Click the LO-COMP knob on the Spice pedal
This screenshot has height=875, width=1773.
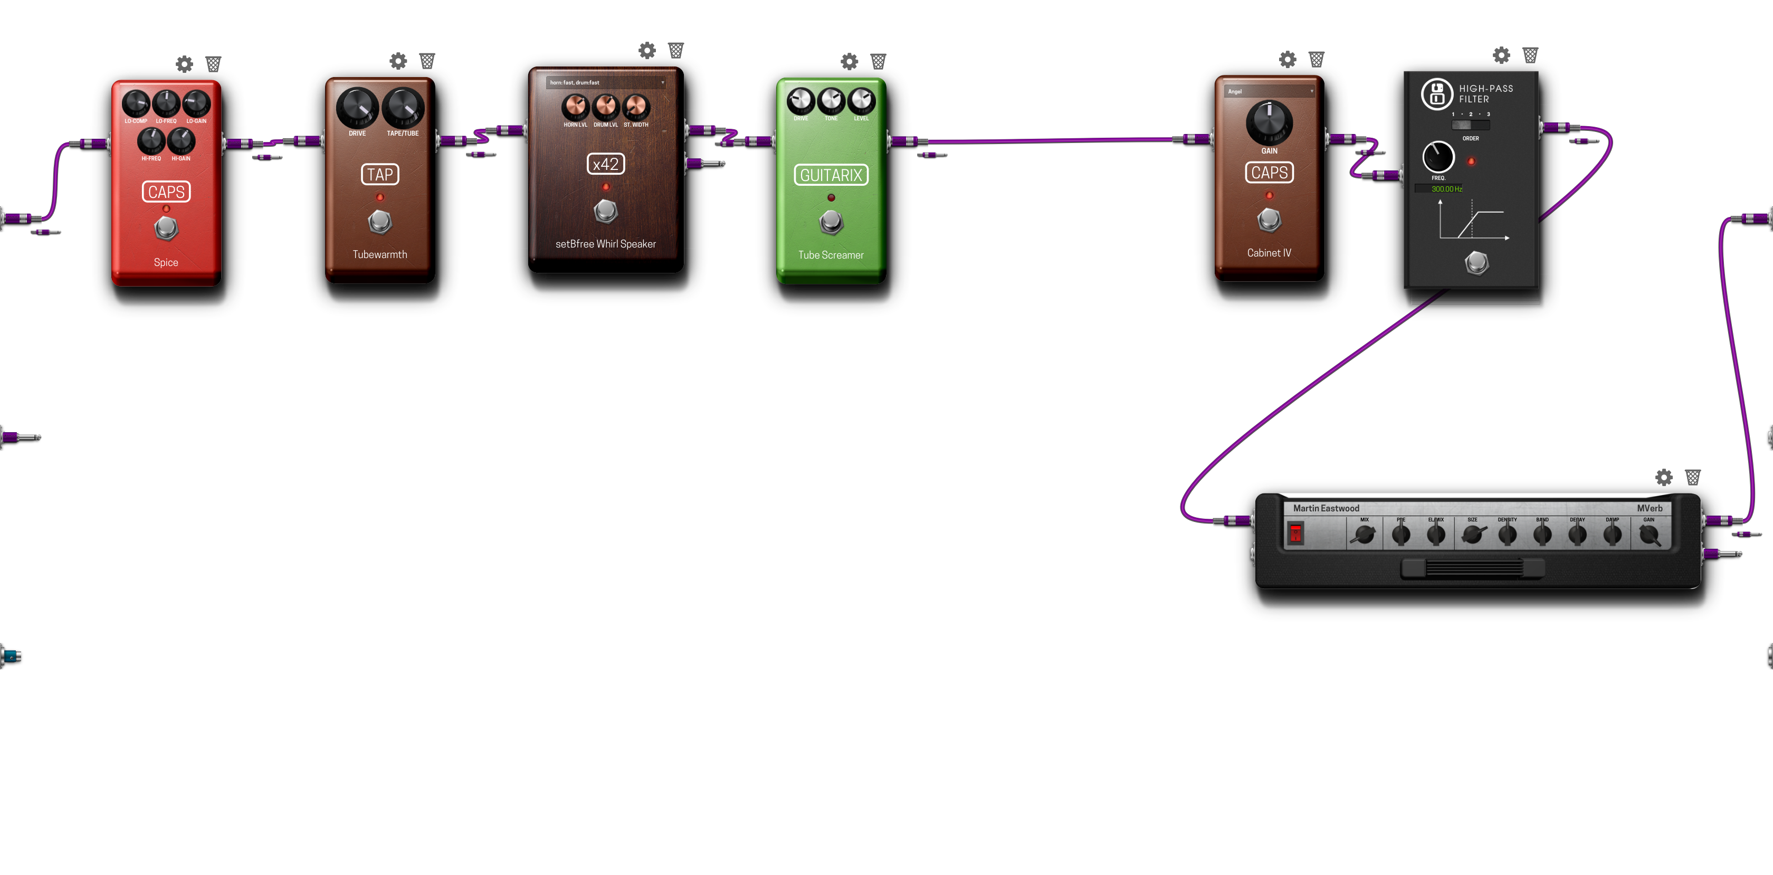(136, 104)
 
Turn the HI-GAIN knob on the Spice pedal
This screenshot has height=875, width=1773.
(181, 141)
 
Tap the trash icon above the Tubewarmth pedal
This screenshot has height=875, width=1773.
(427, 61)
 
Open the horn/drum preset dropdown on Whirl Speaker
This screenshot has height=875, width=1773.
(606, 83)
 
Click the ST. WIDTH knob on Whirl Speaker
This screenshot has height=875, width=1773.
(635, 107)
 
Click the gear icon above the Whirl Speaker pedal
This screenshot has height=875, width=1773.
(647, 50)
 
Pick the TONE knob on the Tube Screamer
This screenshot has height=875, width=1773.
(831, 100)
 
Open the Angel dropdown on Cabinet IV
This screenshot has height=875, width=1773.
(1269, 91)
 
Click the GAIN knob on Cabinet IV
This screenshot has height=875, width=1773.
(1269, 122)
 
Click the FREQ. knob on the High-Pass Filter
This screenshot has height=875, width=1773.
(1438, 157)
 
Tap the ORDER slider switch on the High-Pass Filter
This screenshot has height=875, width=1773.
(1470, 125)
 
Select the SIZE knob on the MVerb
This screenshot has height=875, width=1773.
(1472, 534)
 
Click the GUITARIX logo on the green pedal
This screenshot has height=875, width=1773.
(831, 176)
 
